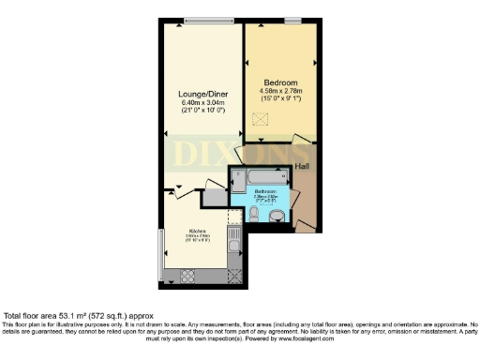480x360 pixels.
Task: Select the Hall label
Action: tap(302, 166)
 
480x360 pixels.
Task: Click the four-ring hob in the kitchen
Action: tap(187, 275)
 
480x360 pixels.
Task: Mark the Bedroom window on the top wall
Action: tap(292, 22)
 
